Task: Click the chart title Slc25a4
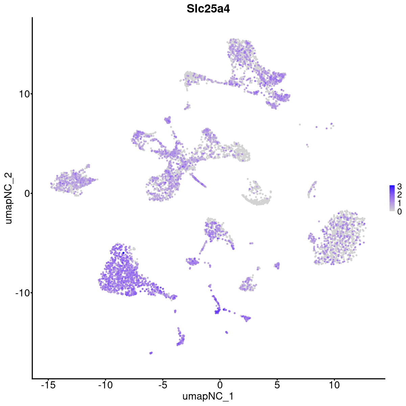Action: tap(208, 9)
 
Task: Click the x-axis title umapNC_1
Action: tap(208, 396)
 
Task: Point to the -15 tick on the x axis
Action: tap(48, 385)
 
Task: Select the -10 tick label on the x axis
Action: tap(105, 385)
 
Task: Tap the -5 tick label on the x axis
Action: tap(163, 385)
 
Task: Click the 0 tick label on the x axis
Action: tap(220, 385)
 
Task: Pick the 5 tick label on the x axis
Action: tap(277, 385)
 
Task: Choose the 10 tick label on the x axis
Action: tap(334, 385)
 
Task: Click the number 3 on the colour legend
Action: tap(400, 186)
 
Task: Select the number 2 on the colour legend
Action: tap(400, 195)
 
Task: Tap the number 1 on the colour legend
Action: tap(400, 203)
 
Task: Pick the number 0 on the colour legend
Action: tap(400, 211)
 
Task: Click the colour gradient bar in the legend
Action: tap(392, 198)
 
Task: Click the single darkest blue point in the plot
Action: tap(123, 253)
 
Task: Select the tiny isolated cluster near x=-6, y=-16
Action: tap(151, 353)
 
